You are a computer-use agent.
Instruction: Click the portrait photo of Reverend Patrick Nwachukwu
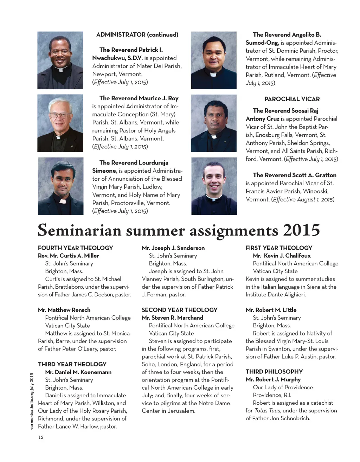click(60, 60)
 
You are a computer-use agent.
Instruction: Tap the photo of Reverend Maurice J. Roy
click(60, 123)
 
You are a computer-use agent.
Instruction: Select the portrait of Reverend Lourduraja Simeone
click(60, 186)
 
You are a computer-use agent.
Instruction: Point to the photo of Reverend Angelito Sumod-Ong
click(213, 60)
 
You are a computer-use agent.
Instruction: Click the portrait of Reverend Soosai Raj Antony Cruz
click(213, 123)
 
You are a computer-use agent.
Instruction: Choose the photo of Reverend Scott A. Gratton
click(214, 186)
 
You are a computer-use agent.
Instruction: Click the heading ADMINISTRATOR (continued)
click(137, 34)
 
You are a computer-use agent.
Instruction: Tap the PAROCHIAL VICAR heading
click(292, 99)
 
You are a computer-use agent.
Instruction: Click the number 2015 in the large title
click(301, 230)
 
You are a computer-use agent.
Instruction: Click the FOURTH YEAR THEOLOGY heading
click(75, 248)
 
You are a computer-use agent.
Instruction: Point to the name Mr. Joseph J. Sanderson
click(173, 248)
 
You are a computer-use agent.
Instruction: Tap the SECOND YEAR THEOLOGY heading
click(179, 310)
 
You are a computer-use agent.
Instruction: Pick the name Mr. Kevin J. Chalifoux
click(282, 256)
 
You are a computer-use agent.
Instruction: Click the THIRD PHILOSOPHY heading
click(274, 372)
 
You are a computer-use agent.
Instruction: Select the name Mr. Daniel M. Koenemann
click(78, 372)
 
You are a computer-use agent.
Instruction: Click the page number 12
click(41, 437)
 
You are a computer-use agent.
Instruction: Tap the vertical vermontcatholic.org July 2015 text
click(32, 401)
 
